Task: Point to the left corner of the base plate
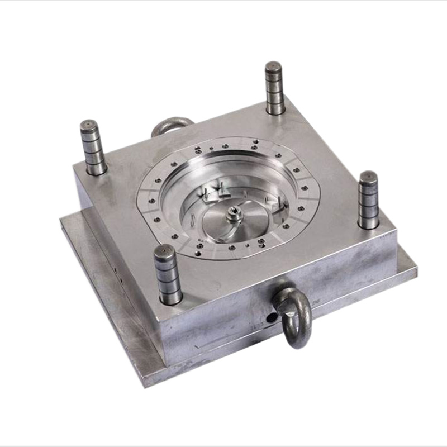pos(61,222)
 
